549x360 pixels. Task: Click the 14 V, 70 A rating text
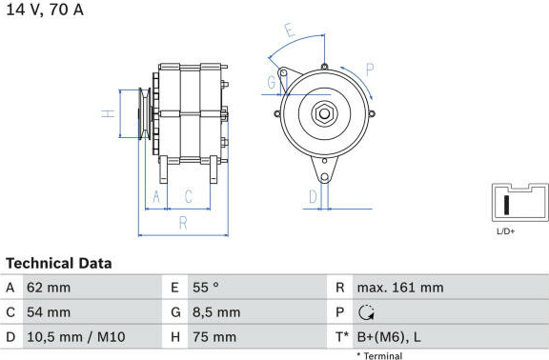pyautogui.click(x=45, y=10)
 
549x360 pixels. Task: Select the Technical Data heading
pyautogui.click(x=59, y=264)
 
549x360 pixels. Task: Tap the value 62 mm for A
pyautogui.click(x=49, y=288)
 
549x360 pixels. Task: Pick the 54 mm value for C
pyautogui.click(x=49, y=312)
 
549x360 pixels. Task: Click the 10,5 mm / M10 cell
pyautogui.click(x=76, y=337)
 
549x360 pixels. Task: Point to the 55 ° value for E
pyautogui.click(x=206, y=288)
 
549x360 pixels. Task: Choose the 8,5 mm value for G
pyautogui.click(x=216, y=312)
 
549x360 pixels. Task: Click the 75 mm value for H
pyautogui.click(x=214, y=337)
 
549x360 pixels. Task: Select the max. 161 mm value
pyautogui.click(x=400, y=288)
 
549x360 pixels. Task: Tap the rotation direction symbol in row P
pyautogui.click(x=366, y=312)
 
